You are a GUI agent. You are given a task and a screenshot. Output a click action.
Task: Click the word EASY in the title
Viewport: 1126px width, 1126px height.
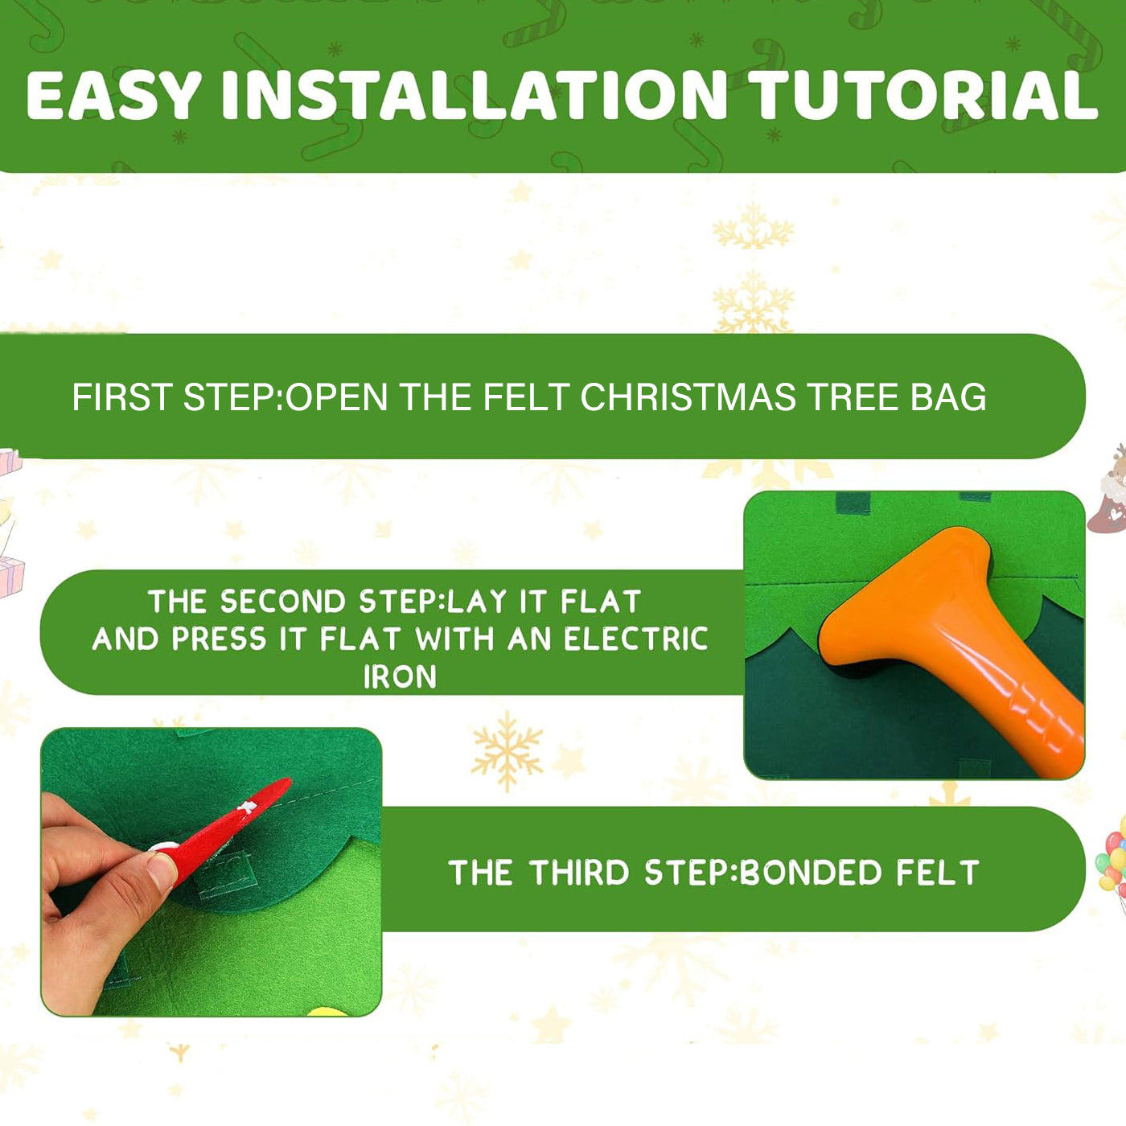[113, 96]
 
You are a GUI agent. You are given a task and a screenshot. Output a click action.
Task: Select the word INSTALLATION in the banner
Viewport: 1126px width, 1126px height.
[475, 96]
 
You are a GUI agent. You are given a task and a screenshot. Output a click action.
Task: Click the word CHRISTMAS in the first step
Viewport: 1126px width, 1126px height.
[688, 397]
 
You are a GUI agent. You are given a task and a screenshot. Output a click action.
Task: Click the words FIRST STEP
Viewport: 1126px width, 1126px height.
[173, 397]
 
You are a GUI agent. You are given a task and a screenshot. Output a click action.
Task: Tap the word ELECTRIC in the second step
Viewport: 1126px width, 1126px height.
[635, 639]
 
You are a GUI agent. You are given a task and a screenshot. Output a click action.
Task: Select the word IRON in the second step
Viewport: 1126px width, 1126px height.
[400, 677]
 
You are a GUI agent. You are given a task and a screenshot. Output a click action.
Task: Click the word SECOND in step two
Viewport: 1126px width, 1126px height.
[282, 602]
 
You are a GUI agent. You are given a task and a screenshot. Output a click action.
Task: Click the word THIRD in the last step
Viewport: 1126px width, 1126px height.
[579, 873]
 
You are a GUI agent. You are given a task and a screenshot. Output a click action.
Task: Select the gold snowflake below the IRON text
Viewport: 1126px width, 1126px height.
[507, 750]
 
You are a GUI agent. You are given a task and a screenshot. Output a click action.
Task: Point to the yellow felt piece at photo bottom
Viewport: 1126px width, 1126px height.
[326, 1010]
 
